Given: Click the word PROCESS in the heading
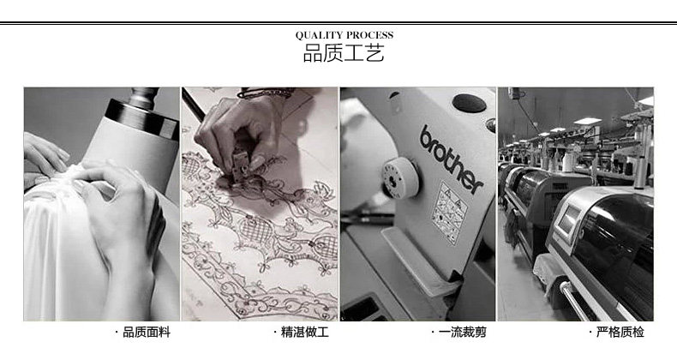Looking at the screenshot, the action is [370, 35].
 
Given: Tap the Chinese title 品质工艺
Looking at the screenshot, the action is [344, 53].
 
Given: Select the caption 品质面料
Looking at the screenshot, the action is [147, 332].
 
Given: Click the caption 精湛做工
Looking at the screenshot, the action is [305, 332].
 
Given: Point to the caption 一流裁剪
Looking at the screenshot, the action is [463, 332].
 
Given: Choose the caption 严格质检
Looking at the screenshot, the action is [620, 332].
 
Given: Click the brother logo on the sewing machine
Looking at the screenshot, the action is [451, 159].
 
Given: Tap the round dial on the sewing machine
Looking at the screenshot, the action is [400, 177].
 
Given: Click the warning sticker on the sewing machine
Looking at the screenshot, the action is [450, 213].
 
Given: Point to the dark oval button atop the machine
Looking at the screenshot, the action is [470, 103].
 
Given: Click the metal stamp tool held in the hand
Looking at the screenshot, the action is [241, 163].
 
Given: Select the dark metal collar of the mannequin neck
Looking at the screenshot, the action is [141, 117].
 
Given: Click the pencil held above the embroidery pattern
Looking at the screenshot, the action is [193, 105].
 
